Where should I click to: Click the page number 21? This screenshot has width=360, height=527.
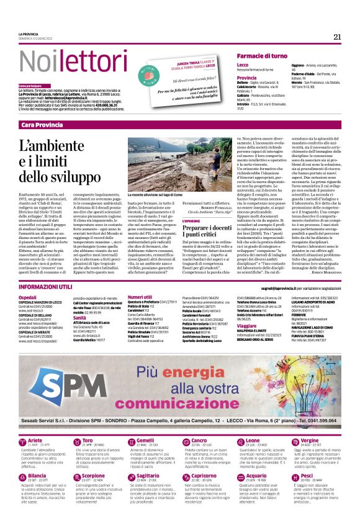pos(337,36)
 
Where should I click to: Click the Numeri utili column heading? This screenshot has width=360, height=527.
pos(144,297)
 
